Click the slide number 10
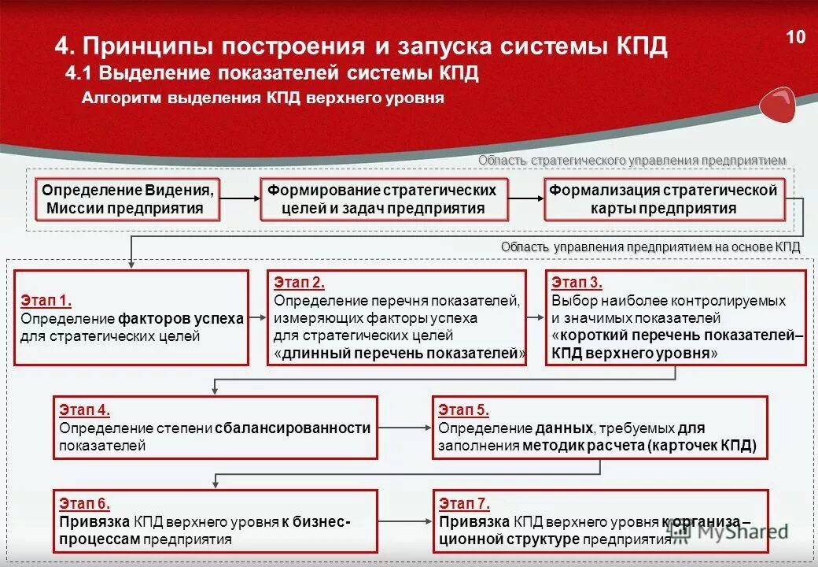796,37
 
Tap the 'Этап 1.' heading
46,300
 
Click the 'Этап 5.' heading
464,409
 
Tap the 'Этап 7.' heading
464,504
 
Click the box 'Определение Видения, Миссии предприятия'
127,199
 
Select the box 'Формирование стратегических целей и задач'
384,199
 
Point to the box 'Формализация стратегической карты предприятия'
664,199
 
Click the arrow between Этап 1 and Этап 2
258,318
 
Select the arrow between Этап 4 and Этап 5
404,428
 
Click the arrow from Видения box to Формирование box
240,199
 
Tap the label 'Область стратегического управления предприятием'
632,161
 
